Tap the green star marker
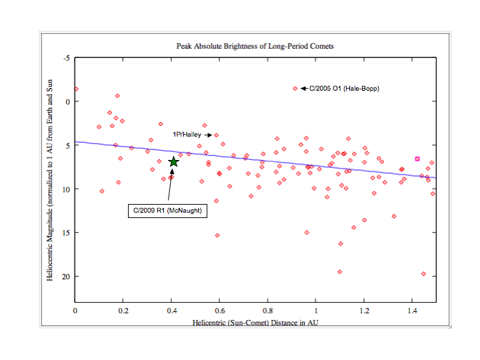173,161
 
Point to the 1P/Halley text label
187,135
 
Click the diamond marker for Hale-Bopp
295,88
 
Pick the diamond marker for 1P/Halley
216,135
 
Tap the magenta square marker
417,159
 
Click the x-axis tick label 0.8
268,311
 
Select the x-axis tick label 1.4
412,311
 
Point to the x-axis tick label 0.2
123,311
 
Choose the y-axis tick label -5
67,58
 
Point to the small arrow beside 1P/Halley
208,135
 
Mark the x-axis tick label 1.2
364,311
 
